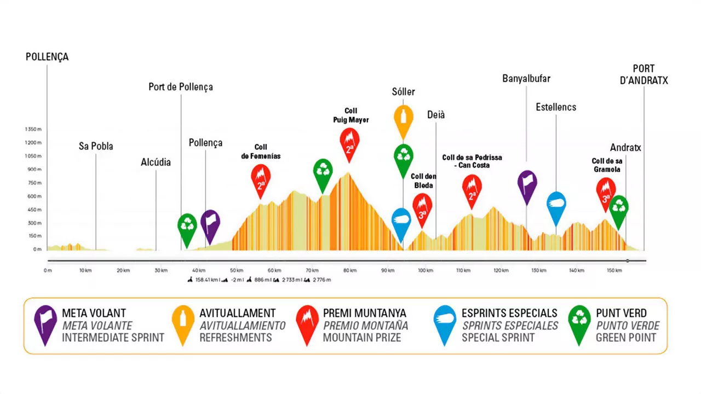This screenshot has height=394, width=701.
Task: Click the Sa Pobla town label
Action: [96, 146]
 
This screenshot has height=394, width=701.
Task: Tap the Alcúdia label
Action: [156, 162]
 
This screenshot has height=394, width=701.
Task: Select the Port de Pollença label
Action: [180, 87]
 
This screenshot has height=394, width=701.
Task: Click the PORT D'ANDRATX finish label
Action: [643, 75]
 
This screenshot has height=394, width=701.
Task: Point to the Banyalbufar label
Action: [526, 79]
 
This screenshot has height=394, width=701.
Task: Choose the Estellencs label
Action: [556, 107]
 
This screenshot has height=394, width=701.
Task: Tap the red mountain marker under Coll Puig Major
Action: [349, 142]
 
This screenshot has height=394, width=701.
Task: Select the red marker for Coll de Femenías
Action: [261, 178]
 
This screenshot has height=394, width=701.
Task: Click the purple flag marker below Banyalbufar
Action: [527, 184]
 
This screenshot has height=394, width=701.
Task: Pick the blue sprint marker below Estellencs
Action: [556, 205]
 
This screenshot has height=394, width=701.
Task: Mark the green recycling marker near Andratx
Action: [619, 208]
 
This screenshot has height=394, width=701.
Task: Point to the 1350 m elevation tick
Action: [33, 129]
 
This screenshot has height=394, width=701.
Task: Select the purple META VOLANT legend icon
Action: [45, 323]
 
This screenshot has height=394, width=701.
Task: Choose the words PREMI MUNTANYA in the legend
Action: [364, 314]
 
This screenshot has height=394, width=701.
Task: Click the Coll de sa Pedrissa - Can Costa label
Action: [472, 161]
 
